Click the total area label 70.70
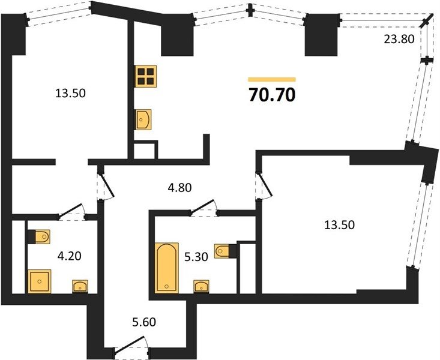point(272,95)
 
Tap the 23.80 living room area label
point(399,39)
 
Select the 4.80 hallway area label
point(179,187)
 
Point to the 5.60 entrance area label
point(144,322)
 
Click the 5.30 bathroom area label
point(196,256)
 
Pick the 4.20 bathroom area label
point(69,256)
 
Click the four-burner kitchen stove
point(146,76)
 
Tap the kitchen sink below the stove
point(143,119)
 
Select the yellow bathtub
point(167,268)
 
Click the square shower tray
point(40,281)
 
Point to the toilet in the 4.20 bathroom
point(39,237)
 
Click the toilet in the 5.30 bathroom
point(225,251)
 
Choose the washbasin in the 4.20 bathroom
point(80,286)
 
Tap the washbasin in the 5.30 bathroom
point(201,286)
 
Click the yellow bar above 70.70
point(272,79)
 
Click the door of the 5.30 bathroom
point(205,208)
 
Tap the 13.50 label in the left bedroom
point(70,93)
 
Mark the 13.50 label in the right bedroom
point(339,225)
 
